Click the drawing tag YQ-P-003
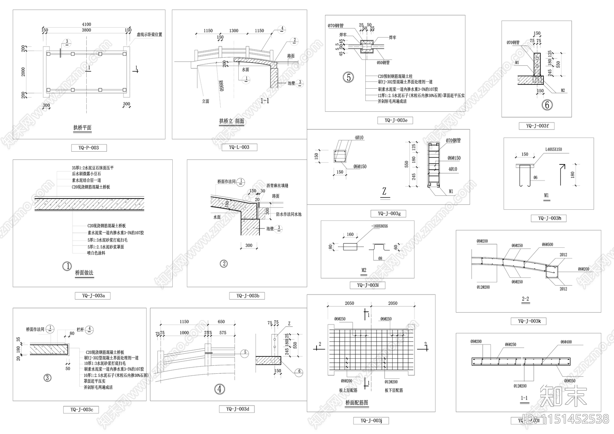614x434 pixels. coord(89,148)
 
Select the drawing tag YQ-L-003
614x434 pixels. coord(239,147)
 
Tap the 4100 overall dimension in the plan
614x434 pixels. coord(87,24)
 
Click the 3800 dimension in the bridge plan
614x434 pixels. coord(87,30)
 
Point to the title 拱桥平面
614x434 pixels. coord(83,128)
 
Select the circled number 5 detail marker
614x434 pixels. coord(348,77)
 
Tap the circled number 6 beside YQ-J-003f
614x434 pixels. coord(547,104)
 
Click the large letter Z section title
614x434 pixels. coord(384,191)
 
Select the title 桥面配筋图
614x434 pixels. coord(357,403)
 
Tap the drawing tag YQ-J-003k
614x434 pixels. coord(529,321)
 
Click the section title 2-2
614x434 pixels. coord(525,298)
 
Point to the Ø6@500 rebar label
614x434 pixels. coord(548,244)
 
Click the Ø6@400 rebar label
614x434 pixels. coord(566,342)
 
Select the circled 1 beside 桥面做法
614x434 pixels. coord(67,266)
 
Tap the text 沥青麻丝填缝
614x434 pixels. coord(277,186)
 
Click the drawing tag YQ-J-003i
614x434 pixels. coord(368,285)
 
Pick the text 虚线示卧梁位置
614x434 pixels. coord(149,35)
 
